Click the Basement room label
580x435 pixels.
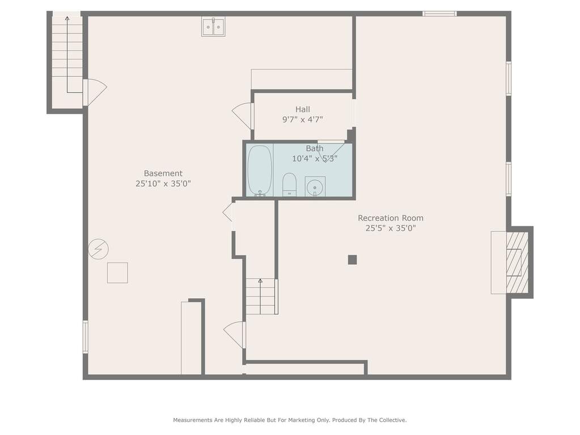pos(163,173)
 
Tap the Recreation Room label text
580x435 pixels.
pos(391,218)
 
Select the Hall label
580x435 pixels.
pos(303,109)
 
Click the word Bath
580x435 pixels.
pos(315,149)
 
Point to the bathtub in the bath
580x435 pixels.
pos(260,170)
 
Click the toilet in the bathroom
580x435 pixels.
pos(289,184)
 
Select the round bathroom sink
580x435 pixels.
pos(315,187)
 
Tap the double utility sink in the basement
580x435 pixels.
pos(213,27)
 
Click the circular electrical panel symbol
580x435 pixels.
pos(99,248)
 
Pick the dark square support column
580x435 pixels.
pos(352,260)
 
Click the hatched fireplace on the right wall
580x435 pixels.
pos(517,263)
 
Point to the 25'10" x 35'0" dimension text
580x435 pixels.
pos(163,183)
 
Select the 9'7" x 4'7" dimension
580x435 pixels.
pos(303,120)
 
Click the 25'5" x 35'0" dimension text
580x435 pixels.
pos(391,228)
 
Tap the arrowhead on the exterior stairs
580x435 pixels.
pos(67,18)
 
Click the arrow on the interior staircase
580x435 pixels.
pos(260,296)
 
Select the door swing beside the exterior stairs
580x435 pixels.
pos(95,92)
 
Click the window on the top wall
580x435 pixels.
pos(440,14)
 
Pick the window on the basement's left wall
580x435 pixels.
pos(86,337)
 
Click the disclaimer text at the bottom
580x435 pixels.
pos(290,420)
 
